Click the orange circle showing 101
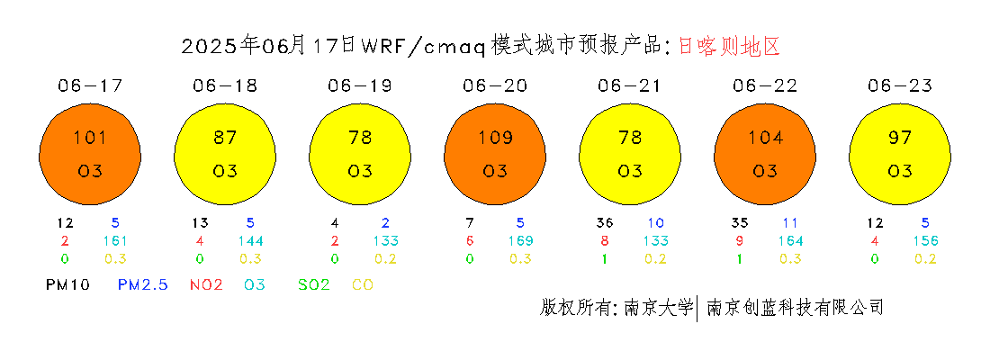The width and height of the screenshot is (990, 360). [90, 154]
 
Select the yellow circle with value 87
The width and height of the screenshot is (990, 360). [225, 154]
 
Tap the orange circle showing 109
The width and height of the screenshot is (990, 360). [495, 154]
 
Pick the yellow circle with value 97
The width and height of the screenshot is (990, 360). [900, 154]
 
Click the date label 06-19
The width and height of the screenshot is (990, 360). [360, 85]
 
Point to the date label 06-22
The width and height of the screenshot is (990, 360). [765, 85]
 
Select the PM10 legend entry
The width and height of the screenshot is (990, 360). [68, 284]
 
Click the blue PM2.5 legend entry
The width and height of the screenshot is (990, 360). [143, 284]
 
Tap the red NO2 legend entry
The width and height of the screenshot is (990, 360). [206, 284]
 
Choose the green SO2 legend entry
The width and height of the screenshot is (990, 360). [314, 284]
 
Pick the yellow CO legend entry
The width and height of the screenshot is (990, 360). [363, 284]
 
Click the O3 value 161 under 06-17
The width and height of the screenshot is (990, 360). [115, 240]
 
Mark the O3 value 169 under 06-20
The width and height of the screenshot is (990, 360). [521, 240]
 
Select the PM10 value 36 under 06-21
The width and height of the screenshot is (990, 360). [605, 223]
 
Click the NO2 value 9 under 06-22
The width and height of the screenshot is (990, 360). [740, 240]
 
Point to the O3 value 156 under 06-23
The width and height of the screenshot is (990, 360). [926, 240]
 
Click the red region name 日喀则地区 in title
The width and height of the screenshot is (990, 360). [729, 46]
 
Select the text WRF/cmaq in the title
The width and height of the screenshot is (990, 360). [422, 47]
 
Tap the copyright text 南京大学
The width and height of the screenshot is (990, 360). [659, 307]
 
